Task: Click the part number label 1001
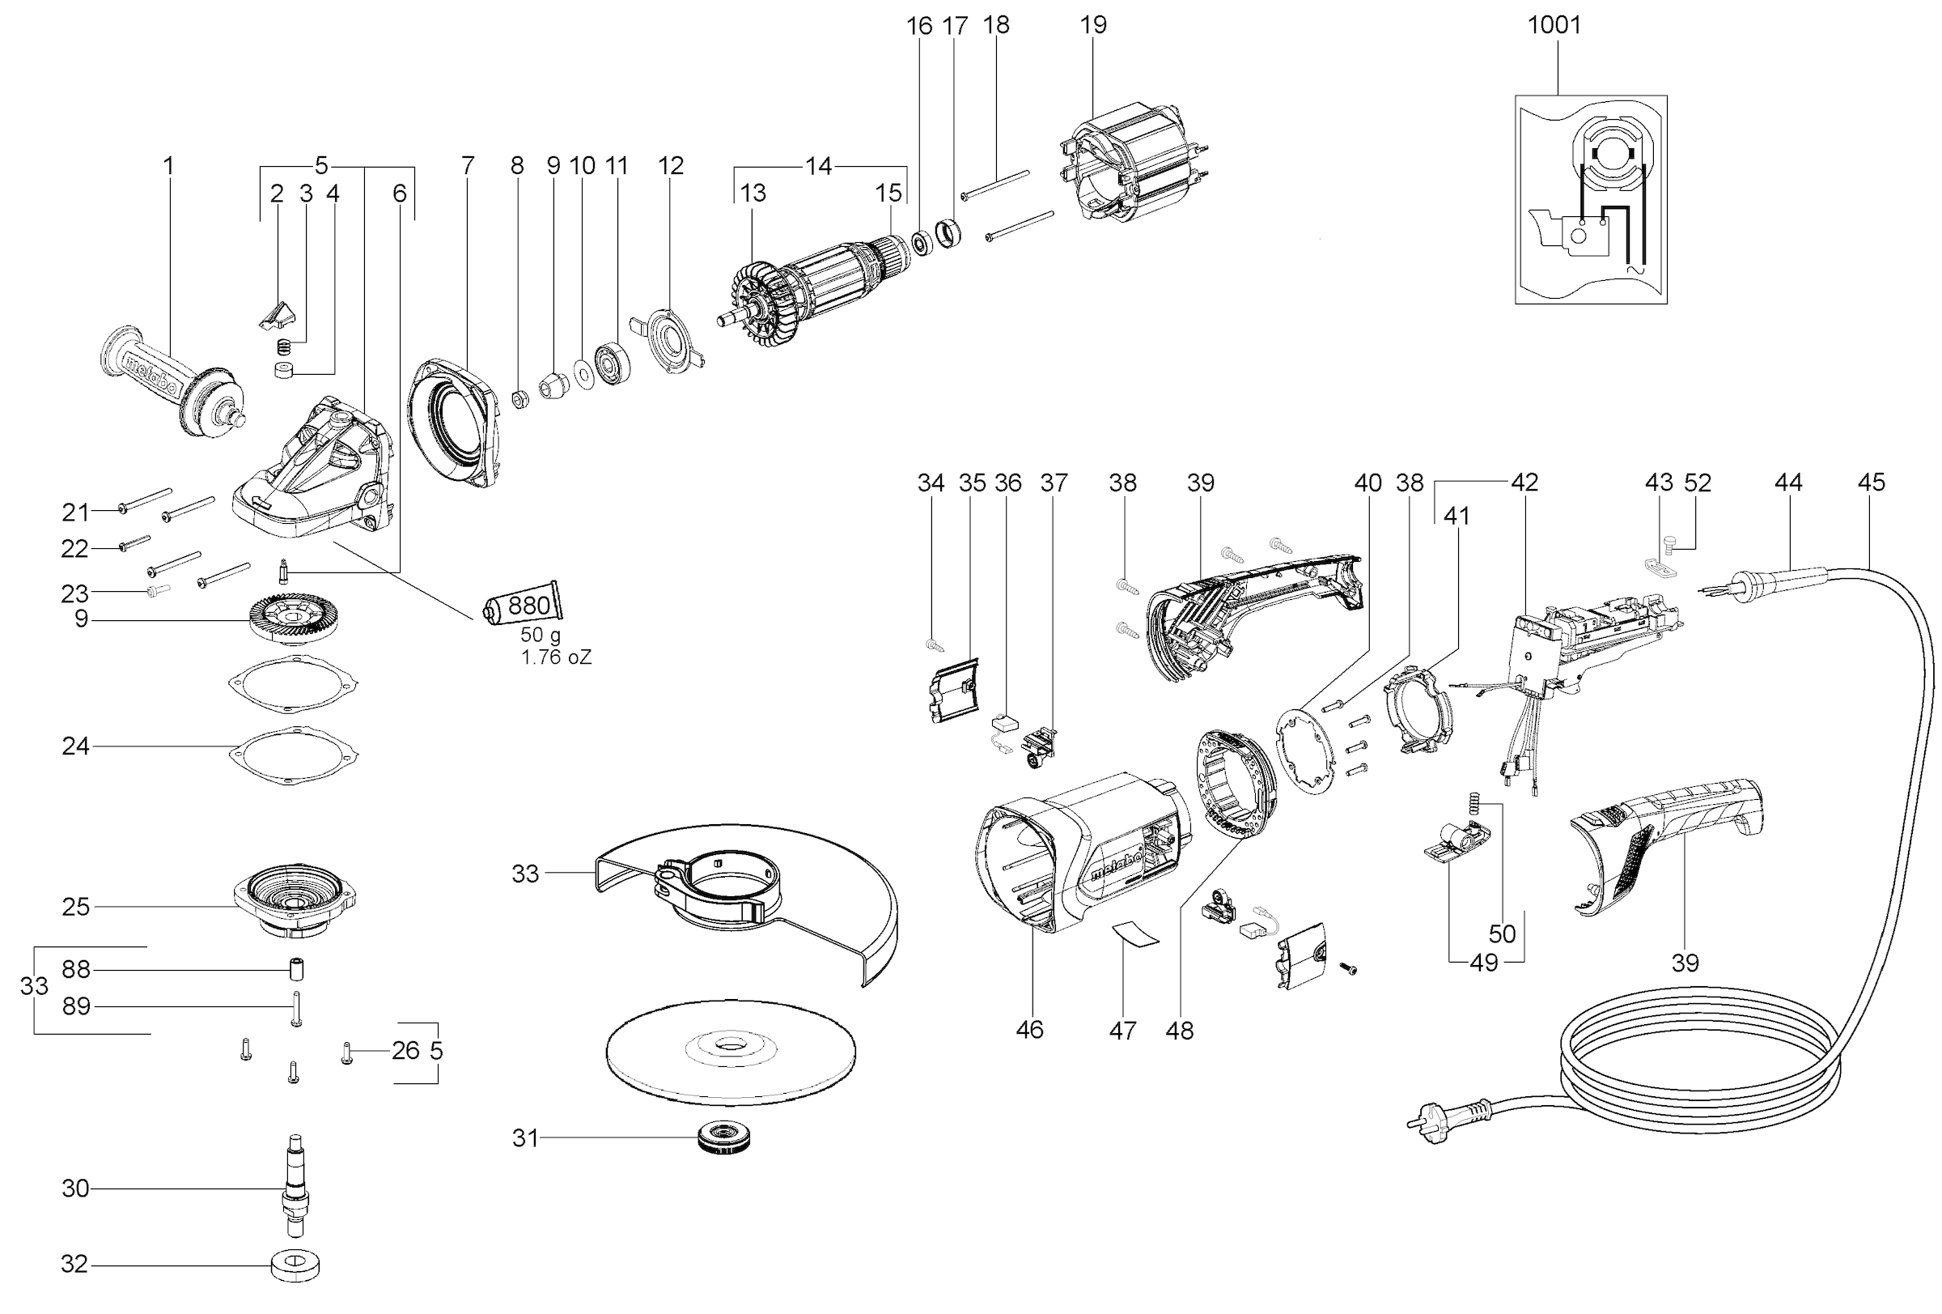(x=1554, y=25)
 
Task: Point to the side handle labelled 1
(x=172, y=380)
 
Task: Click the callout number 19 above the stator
(x=1093, y=25)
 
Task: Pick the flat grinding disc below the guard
(x=731, y=1050)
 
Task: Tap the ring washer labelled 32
(x=296, y=1265)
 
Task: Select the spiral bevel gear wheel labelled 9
(x=288, y=621)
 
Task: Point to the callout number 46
(x=1029, y=1029)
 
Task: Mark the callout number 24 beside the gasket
(x=75, y=746)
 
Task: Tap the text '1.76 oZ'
(x=557, y=658)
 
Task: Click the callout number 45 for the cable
(x=1871, y=483)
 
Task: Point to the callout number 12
(x=671, y=165)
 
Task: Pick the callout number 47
(x=1122, y=1031)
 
